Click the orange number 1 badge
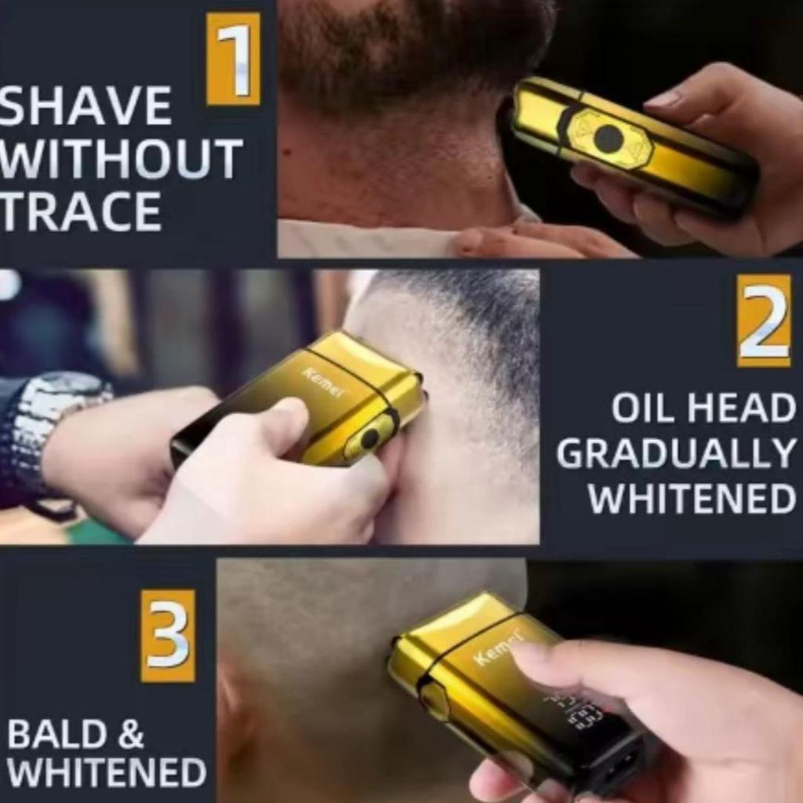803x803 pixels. tap(233, 59)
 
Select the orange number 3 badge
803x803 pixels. tap(168, 635)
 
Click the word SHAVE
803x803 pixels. tap(85, 106)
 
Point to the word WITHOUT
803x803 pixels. tap(120, 158)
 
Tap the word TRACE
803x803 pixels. tap(81, 211)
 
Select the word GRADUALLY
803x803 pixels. tap(675, 454)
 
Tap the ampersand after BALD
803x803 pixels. tap(131, 734)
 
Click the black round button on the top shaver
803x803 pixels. tap(609, 137)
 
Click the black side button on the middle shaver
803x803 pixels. tap(370, 437)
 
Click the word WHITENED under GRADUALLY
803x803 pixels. tap(692, 498)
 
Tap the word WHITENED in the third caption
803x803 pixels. tap(107, 772)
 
